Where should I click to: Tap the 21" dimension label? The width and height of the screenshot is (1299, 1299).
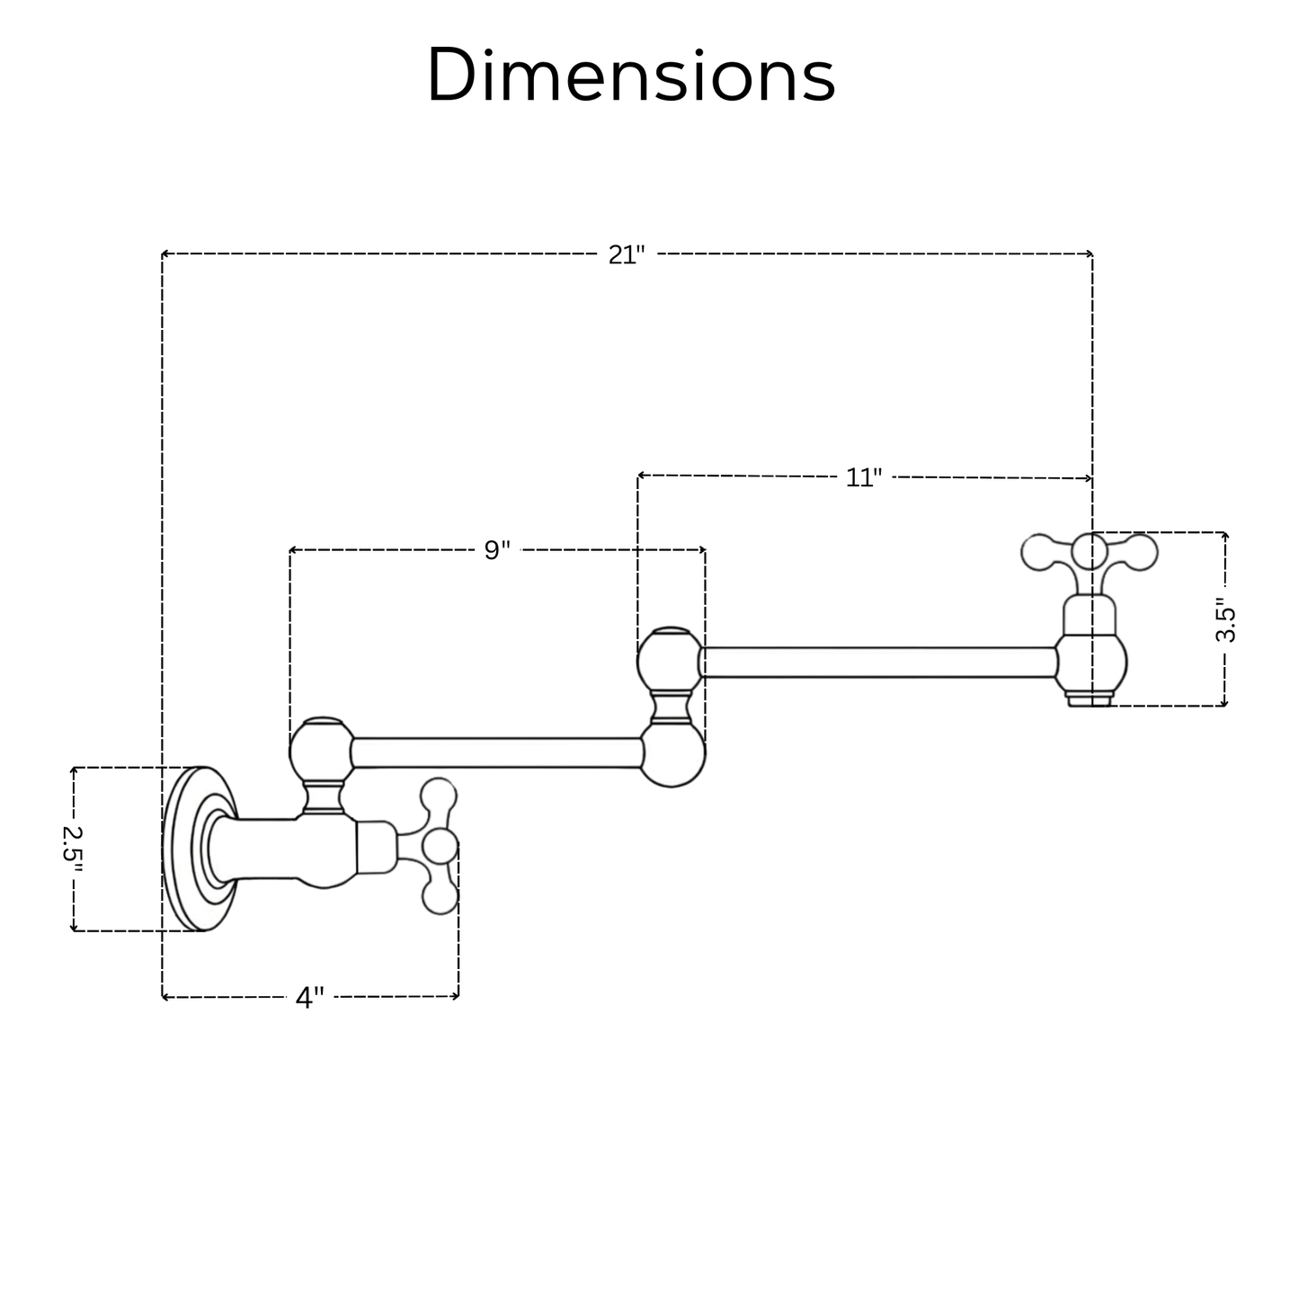point(627,255)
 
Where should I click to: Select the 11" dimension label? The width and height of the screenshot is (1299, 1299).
point(864,477)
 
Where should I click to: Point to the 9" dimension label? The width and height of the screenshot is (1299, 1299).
point(497,550)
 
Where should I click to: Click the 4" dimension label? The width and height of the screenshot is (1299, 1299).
point(309,997)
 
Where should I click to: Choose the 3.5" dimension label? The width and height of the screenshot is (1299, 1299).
point(1225,619)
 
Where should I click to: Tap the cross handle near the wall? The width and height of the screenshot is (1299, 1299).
point(439,846)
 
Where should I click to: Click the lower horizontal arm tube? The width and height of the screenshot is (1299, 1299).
point(496,752)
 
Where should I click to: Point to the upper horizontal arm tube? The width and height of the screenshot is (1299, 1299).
point(877,662)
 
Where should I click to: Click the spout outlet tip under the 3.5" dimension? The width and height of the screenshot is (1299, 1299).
point(1090,698)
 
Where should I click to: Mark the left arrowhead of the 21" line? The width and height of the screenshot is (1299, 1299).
point(165,255)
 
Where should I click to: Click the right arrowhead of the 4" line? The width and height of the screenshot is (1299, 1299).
point(456,996)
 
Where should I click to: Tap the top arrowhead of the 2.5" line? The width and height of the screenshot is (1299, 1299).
point(74,770)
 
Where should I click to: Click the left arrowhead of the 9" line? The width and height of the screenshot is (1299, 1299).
point(293,550)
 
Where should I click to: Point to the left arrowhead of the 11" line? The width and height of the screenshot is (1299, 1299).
point(641,476)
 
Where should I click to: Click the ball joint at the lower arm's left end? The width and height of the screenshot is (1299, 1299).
point(321,750)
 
